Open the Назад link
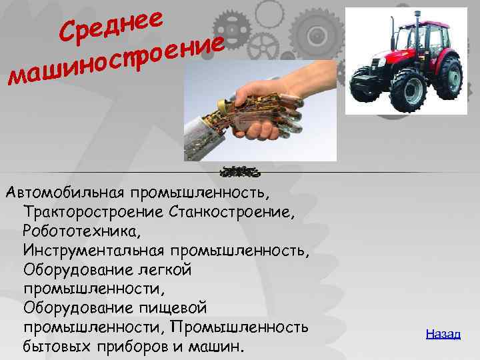pyautogui.click(x=443, y=333)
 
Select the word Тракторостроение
pyautogui.click(x=93, y=212)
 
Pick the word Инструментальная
pyautogui.click(x=93, y=251)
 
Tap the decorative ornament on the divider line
pyautogui.click(x=240, y=173)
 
